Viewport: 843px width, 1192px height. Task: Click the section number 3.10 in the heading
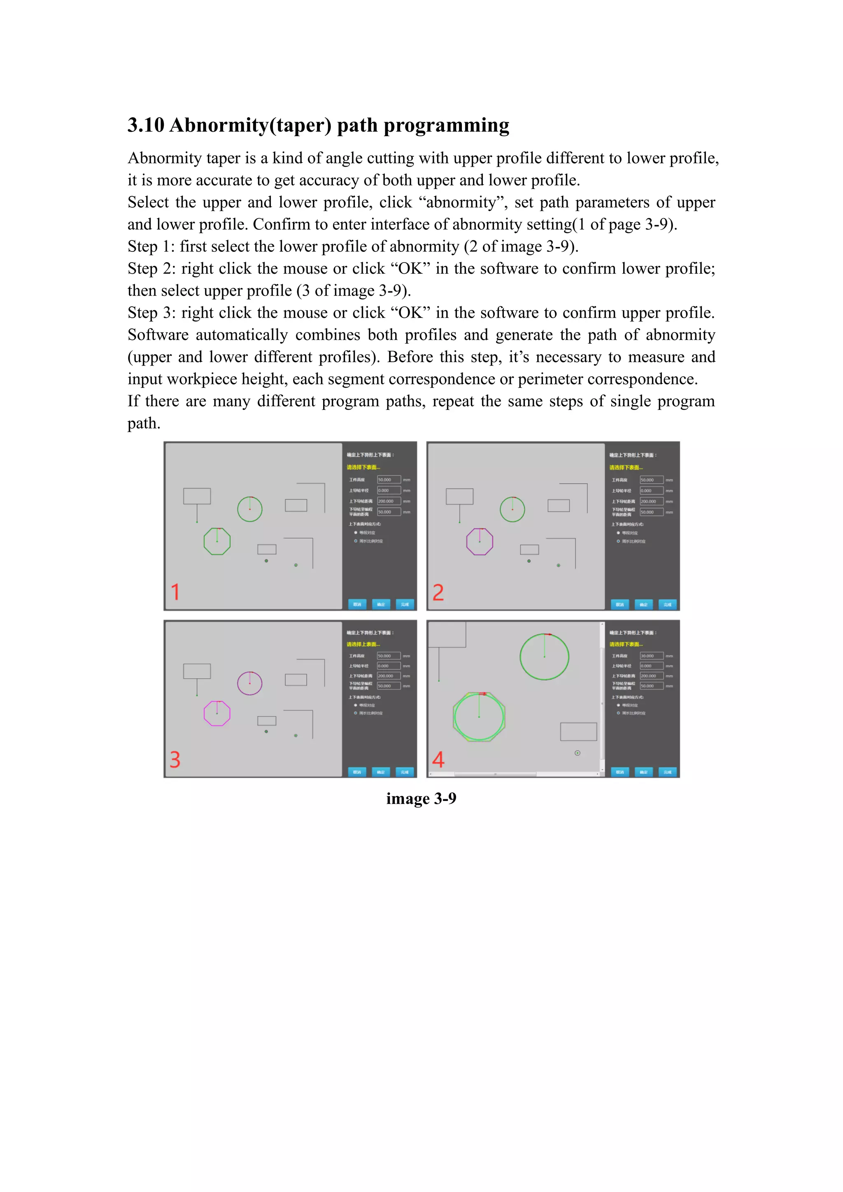click(x=146, y=125)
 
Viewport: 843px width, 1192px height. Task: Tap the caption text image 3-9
click(x=421, y=798)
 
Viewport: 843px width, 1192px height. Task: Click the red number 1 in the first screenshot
click(x=175, y=592)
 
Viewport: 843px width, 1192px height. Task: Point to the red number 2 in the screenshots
click(x=438, y=592)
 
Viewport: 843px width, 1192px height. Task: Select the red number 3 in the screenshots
click(x=175, y=759)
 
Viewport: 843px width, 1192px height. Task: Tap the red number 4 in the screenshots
click(x=438, y=759)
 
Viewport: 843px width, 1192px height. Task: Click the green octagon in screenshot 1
click(x=217, y=542)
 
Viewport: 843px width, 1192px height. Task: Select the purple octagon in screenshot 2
click(x=480, y=542)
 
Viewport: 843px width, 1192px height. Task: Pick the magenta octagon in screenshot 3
click(x=217, y=713)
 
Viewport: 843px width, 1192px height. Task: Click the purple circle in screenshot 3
click(x=250, y=683)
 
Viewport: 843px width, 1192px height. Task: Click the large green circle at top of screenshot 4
click(x=544, y=657)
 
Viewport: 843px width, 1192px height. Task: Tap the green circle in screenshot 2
click(x=512, y=509)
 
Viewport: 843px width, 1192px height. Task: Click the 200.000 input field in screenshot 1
click(x=388, y=501)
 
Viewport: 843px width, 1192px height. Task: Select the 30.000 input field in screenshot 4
click(x=651, y=656)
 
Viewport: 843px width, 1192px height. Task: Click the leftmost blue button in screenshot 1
click(x=357, y=604)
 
